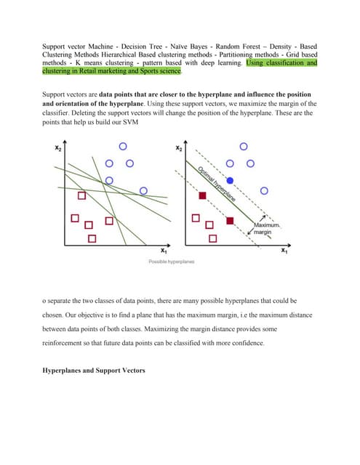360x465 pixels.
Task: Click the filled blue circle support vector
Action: [x=230, y=180]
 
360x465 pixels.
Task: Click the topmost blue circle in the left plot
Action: [x=123, y=146]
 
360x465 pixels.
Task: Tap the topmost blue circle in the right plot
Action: [x=244, y=146]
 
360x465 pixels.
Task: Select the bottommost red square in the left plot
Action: [x=92, y=238]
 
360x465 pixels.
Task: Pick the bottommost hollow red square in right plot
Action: [x=213, y=238]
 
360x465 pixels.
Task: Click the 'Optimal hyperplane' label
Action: [x=216, y=184]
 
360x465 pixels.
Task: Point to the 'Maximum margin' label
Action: [x=266, y=228]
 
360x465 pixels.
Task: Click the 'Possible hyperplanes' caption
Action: [x=172, y=262]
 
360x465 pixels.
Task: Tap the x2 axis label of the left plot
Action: [x=58, y=147]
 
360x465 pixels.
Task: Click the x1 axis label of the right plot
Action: [x=284, y=251]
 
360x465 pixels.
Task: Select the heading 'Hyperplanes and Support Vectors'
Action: [x=94, y=371]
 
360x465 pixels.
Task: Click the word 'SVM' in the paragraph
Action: [x=131, y=122]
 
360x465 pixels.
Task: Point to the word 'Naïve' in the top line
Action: [x=179, y=46]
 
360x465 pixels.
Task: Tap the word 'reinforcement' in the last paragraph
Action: [x=60, y=343]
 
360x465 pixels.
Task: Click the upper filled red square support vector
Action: [x=202, y=195]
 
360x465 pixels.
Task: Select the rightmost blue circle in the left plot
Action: [x=143, y=190]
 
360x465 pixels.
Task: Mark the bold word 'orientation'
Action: [x=73, y=104]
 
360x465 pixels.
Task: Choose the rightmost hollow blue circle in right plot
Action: [x=264, y=190]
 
